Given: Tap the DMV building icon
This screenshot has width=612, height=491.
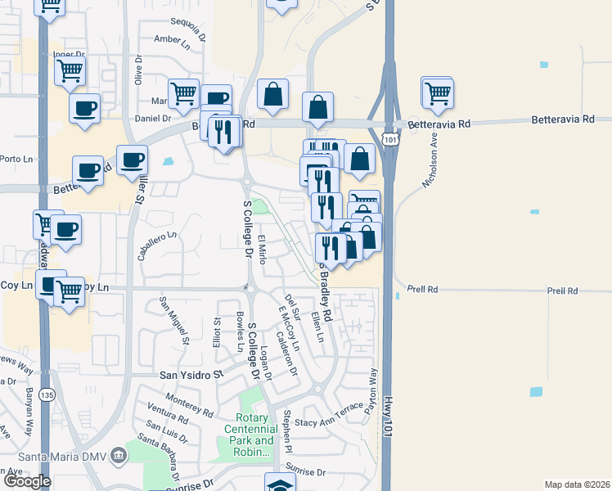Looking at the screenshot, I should [119, 454].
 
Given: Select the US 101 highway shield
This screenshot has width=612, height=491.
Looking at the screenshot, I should [391, 139].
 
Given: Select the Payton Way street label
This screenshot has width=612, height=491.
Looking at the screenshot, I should [374, 389].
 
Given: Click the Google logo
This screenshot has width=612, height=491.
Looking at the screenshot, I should [28, 481].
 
